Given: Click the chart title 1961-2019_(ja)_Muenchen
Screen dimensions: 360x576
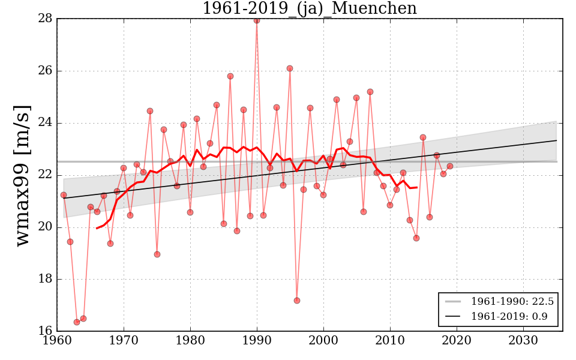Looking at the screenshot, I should click(309, 9).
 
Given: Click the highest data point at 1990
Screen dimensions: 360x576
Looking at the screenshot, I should click(257, 20).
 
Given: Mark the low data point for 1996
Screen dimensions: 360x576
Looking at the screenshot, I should click(297, 301).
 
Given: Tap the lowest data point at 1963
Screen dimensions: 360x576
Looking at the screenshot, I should click(77, 322).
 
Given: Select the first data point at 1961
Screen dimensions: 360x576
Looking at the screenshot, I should click(64, 195).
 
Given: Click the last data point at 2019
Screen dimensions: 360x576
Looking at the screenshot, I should click(450, 166).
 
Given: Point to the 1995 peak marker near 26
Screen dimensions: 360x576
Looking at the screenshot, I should click(290, 68).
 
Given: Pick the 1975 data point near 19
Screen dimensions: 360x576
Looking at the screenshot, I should click(157, 254).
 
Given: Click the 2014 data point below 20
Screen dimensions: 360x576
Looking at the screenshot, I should click(416, 238).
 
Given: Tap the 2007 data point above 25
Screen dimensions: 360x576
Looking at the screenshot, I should click(370, 92).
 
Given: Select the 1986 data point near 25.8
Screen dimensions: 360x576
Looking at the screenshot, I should click(230, 76).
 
